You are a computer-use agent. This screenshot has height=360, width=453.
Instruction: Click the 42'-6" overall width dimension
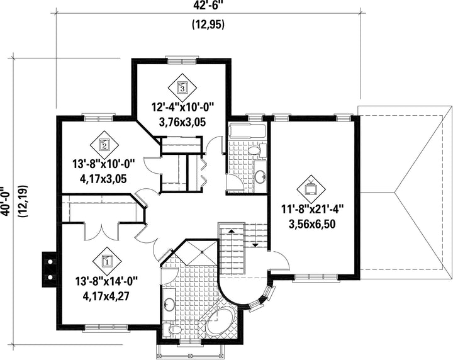[209, 5]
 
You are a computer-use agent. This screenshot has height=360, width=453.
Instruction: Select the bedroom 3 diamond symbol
[182, 87]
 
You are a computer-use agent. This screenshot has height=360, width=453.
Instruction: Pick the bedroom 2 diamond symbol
[104, 145]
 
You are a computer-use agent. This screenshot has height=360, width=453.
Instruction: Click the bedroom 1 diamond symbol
[107, 261]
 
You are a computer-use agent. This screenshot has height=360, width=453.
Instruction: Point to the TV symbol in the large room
[311, 189]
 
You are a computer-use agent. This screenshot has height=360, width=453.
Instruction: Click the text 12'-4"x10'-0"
[182, 109]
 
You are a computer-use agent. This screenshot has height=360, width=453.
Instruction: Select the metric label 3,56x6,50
[312, 224]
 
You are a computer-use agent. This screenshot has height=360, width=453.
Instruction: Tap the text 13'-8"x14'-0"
[106, 282]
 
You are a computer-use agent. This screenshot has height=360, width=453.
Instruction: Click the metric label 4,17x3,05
[103, 179]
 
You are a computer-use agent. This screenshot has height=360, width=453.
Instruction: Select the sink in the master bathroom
[169, 303]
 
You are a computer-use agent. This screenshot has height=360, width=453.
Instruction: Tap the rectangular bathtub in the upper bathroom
[247, 130]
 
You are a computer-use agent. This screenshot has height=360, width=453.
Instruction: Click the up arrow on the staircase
[232, 231]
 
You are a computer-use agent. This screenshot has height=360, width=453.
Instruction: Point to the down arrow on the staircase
[255, 245]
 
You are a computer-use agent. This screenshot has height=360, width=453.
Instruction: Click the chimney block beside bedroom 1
[50, 269]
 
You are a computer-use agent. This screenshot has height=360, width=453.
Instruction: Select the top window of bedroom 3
[182, 61]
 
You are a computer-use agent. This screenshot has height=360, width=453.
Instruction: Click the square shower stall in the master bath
[202, 252]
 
